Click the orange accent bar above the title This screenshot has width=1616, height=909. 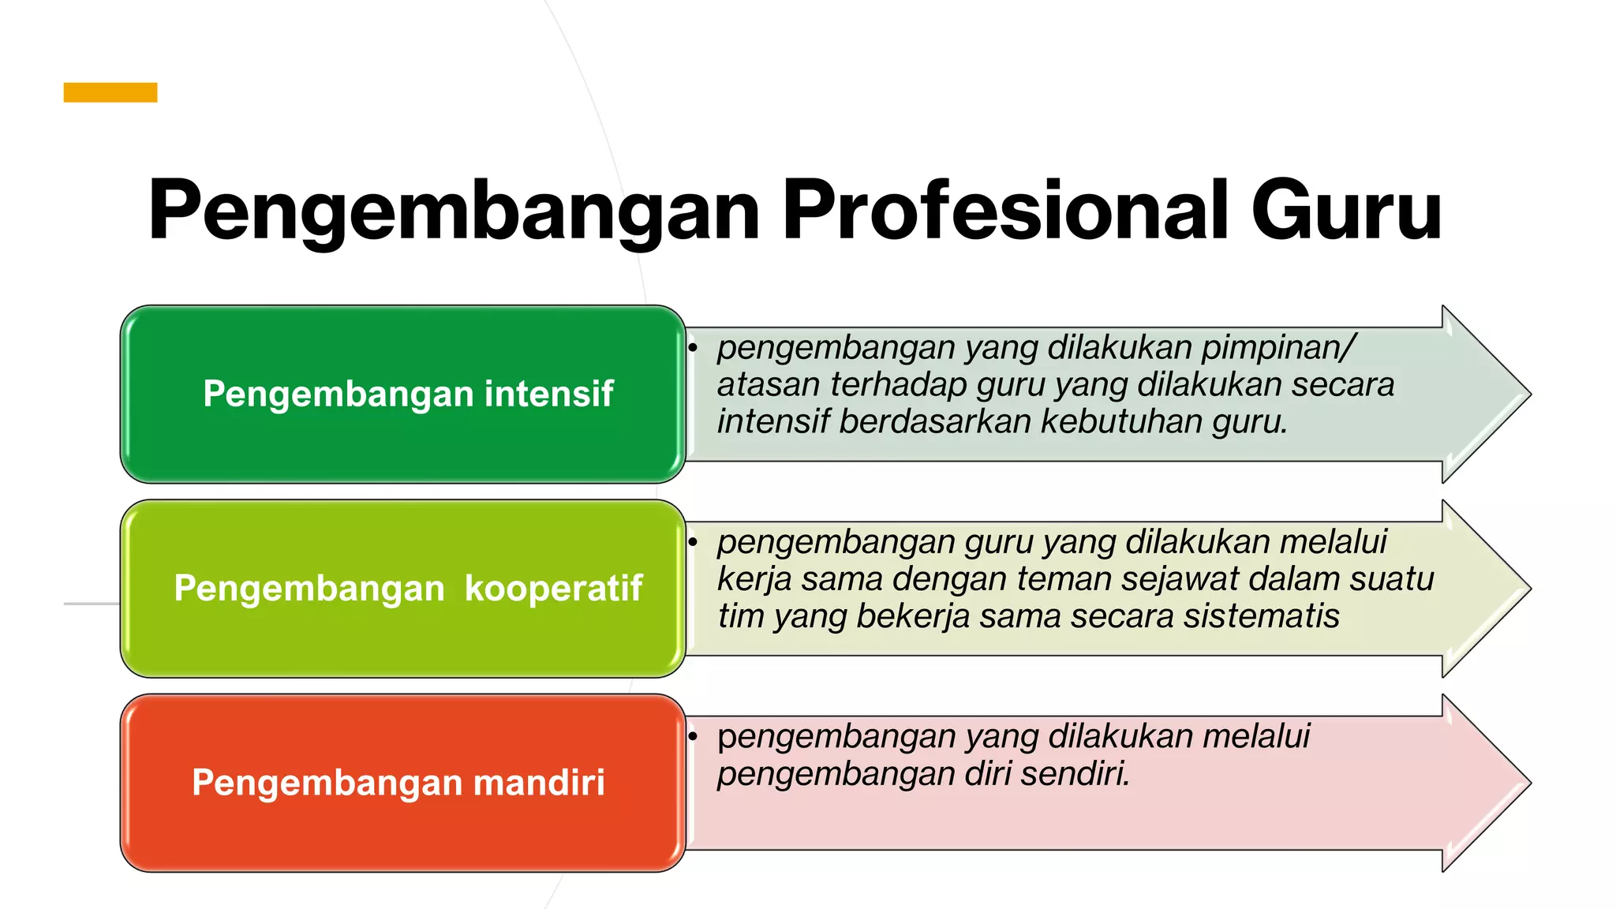point(110,92)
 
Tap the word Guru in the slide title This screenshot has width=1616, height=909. point(1346,210)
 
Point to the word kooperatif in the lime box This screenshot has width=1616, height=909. point(553,588)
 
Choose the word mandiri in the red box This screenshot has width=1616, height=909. point(539,782)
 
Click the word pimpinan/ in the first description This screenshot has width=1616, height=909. point(1278,348)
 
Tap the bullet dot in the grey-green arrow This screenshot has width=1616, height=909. point(693,347)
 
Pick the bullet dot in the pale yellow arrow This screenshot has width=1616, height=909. point(693,541)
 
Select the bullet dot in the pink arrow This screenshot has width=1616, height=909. point(693,736)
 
